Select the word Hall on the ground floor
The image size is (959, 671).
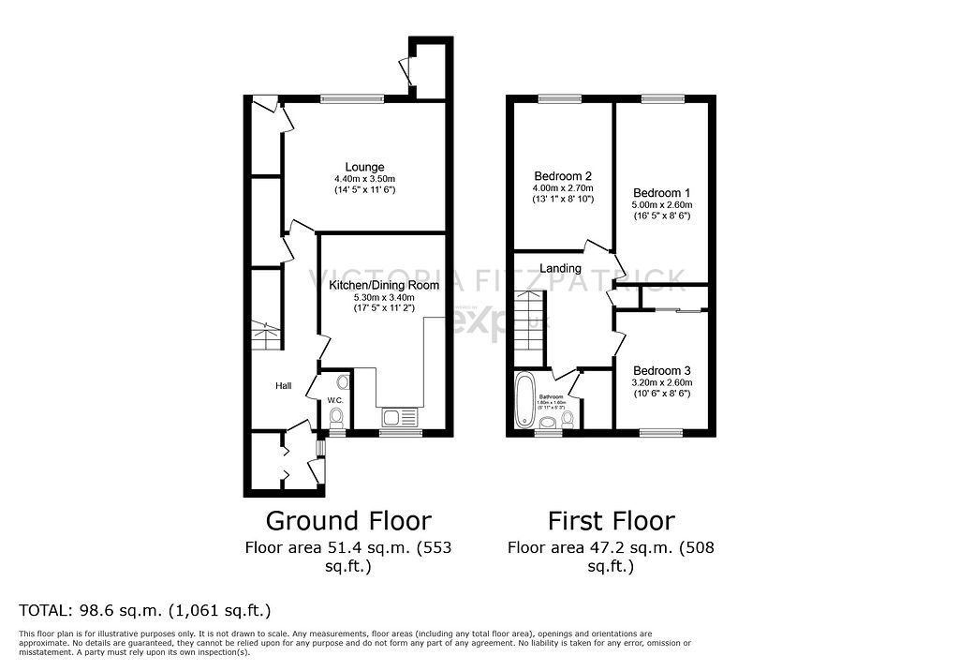point(284,385)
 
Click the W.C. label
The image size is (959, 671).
point(334,402)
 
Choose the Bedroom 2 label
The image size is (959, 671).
point(563,176)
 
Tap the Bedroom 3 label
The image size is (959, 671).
point(660,370)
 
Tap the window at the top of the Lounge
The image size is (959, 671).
point(352,98)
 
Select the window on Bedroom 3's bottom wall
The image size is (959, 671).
point(660,432)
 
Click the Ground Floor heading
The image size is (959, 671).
point(348,520)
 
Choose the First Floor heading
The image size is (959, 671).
point(611,520)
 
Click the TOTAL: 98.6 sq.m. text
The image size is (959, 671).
point(145,610)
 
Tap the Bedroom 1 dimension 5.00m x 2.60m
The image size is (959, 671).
point(660,204)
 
